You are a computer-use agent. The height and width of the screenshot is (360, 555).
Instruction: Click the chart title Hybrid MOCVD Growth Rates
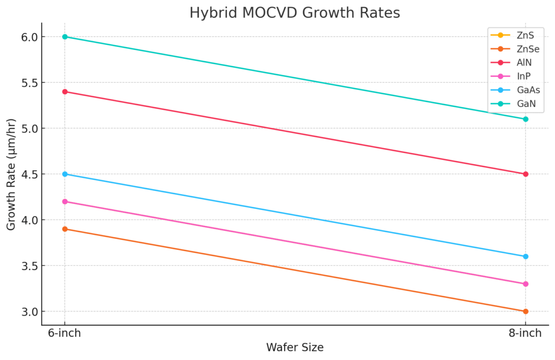pyautogui.click(x=295, y=12)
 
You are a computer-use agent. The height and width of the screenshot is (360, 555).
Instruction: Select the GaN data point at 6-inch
pyautogui.click(x=65, y=37)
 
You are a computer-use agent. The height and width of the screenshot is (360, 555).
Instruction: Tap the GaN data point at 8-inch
pyautogui.click(x=526, y=119)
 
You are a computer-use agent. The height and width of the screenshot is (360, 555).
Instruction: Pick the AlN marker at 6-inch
pyautogui.click(x=65, y=92)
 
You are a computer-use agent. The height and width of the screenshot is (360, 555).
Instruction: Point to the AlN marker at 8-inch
pyautogui.click(x=526, y=174)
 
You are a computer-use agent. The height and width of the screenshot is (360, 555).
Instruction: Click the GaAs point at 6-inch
pyautogui.click(x=65, y=174)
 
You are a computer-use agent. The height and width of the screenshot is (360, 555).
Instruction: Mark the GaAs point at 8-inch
pyautogui.click(x=526, y=256)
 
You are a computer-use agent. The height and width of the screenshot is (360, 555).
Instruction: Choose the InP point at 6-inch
pyautogui.click(x=65, y=202)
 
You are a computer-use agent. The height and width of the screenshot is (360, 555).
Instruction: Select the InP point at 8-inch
pyautogui.click(x=526, y=284)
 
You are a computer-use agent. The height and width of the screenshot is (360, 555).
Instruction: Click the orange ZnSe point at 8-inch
pyautogui.click(x=526, y=312)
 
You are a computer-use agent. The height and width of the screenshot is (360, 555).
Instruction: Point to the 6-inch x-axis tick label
pyautogui.click(x=65, y=333)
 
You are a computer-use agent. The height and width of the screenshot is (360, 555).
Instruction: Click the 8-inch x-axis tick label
pyautogui.click(x=526, y=333)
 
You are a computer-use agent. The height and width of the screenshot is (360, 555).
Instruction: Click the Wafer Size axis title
pyautogui.click(x=295, y=348)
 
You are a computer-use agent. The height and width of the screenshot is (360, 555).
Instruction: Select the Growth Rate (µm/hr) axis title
pyautogui.click(x=11, y=174)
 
